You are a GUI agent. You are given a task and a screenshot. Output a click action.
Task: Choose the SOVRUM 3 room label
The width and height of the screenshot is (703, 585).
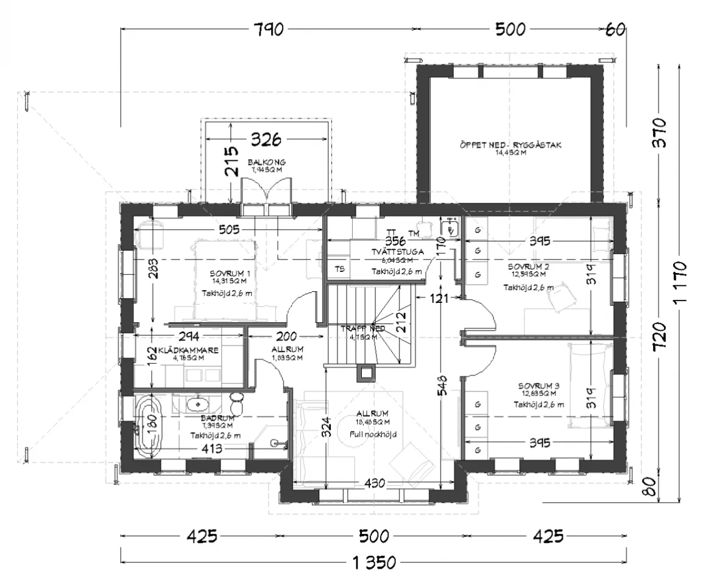tap(538, 386)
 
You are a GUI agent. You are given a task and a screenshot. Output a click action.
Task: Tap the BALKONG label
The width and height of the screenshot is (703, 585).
tap(266, 162)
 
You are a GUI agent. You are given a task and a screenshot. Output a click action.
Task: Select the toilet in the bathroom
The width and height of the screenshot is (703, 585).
tap(238, 403)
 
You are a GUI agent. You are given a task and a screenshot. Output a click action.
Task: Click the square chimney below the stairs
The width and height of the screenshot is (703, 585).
tap(367, 371)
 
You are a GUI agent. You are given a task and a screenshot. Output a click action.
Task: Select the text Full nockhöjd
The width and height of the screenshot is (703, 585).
tap(373, 434)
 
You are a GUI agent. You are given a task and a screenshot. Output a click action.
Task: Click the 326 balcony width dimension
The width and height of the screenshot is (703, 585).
tap(267, 140)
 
